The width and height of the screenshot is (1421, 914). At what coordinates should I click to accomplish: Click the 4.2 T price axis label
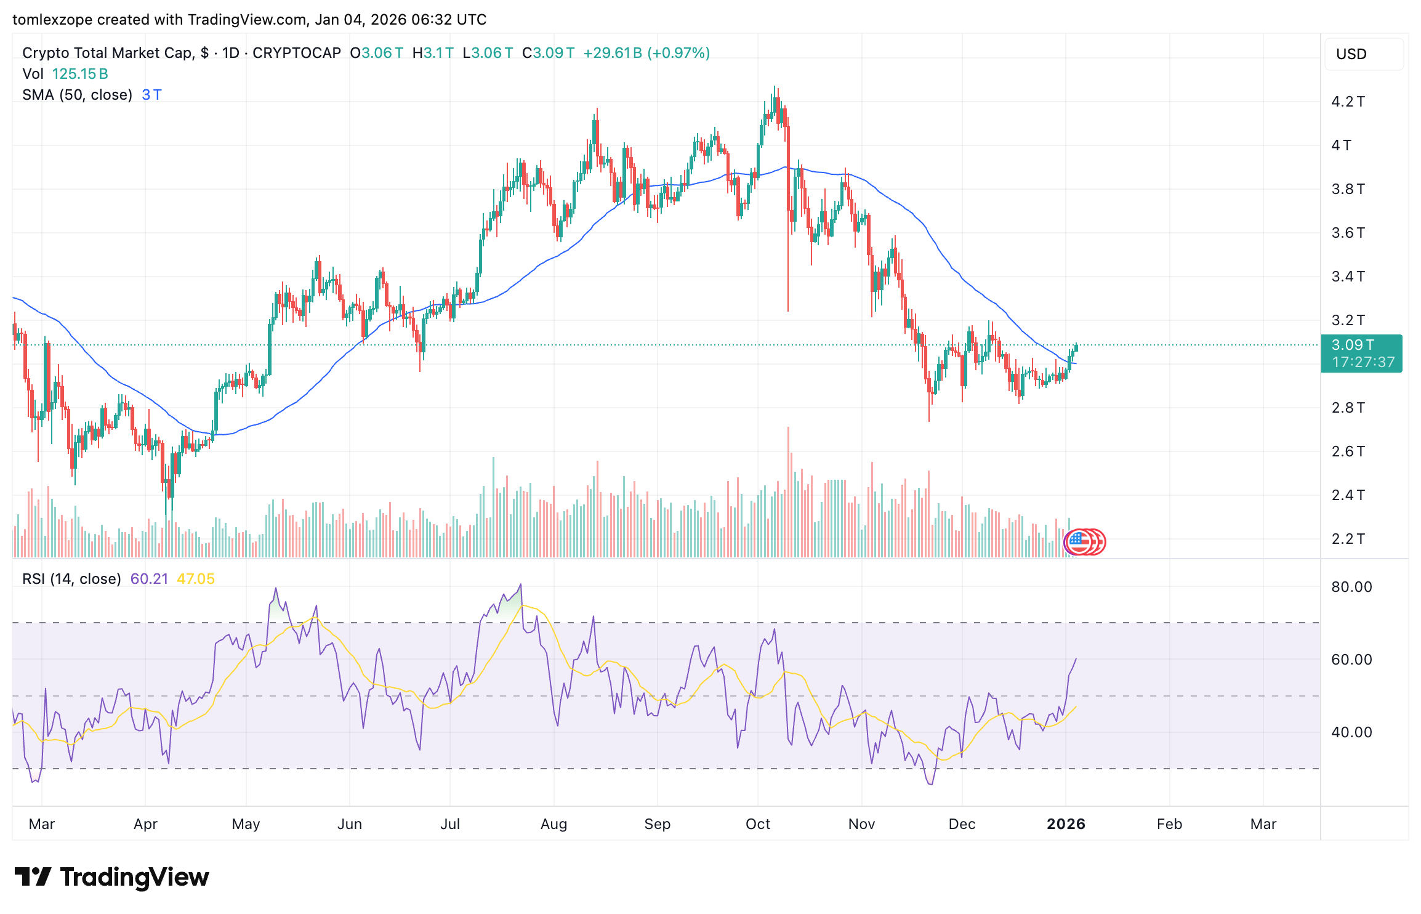point(1347,102)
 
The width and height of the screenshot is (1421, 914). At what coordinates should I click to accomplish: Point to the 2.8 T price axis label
point(1347,408)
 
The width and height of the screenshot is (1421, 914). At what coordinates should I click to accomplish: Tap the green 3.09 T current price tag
point(1361,353)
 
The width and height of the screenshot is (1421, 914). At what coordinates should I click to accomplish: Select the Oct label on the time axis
point(757,824)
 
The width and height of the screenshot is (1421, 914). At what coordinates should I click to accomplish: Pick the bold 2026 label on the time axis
point(1066,824)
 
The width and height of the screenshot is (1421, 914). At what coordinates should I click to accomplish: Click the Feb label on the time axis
point(1169,824)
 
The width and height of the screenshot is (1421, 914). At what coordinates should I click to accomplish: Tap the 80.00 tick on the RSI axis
point(1351,587)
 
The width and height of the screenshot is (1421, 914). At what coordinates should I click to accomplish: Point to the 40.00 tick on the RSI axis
point(1351,732)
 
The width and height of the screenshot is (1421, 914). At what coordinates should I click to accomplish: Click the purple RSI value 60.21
point(149,579)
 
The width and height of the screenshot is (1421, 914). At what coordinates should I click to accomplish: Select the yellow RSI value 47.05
point(196,579)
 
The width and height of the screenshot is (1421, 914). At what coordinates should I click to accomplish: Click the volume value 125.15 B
point(80,74)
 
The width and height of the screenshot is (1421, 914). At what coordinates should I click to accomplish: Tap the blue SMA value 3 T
point(151,95)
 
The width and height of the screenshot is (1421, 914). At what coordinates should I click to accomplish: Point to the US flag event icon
point(1077,542)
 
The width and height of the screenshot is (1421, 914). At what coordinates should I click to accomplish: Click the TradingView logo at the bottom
point(111,877)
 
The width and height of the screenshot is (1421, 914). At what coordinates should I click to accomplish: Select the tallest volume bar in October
point(788,493)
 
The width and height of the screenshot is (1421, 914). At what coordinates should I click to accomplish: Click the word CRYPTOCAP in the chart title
point(296,53)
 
